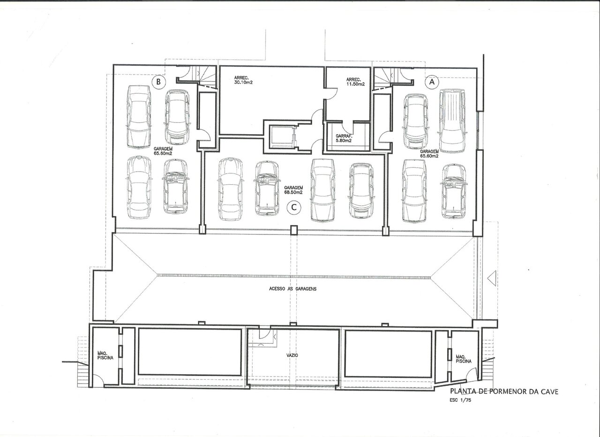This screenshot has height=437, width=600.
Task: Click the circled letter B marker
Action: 158,82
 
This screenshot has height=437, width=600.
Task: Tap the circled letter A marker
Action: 432,82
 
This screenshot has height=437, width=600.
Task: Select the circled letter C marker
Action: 294,207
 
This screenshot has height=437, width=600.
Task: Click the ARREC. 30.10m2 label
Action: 243,80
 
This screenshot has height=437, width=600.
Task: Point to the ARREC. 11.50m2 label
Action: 355,82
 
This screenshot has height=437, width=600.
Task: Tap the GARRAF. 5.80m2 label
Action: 344,138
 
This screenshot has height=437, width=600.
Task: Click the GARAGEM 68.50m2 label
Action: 293,190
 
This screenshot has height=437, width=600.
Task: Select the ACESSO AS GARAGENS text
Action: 293,289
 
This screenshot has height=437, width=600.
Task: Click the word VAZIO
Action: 292,355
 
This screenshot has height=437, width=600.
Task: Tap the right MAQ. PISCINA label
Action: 464,359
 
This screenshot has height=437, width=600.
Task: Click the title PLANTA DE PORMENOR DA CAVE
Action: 504,392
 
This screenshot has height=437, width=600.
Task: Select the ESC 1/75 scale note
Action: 460,400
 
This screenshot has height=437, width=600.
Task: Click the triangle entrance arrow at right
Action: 492,278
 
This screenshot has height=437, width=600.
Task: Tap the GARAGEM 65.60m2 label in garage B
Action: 163,151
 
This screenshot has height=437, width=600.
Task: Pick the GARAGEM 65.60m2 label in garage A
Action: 429,153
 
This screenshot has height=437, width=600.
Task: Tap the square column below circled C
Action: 294,230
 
